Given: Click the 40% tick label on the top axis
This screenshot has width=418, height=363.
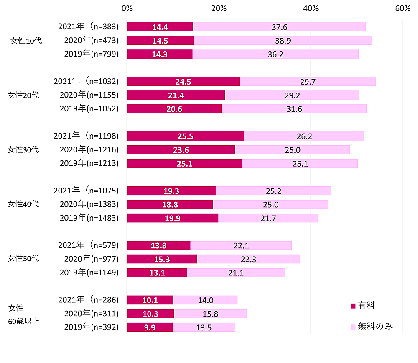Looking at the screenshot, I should (311, 8).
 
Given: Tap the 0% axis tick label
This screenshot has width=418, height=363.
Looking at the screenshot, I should (127, 8).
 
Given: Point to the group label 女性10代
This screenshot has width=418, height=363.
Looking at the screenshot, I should (25, 41).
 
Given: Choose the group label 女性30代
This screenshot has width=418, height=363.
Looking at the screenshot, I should (23, 149).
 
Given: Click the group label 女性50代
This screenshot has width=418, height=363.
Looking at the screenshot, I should (23, 258).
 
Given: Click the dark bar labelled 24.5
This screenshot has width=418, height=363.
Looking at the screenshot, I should (183, 82).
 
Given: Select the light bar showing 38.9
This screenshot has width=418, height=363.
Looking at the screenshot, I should (283, 41).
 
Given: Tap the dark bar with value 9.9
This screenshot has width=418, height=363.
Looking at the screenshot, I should (150, 327).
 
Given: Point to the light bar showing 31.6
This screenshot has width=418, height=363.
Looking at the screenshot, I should (294, 109).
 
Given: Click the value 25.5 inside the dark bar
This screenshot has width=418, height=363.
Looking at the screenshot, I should (185, 136).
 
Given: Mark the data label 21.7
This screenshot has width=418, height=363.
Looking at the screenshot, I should (268, 218).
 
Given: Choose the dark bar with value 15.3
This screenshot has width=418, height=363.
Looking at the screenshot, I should (162, 259).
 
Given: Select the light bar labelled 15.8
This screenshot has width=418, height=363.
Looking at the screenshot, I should (210, 314).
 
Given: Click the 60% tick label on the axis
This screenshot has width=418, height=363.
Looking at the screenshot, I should (403, 8).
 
